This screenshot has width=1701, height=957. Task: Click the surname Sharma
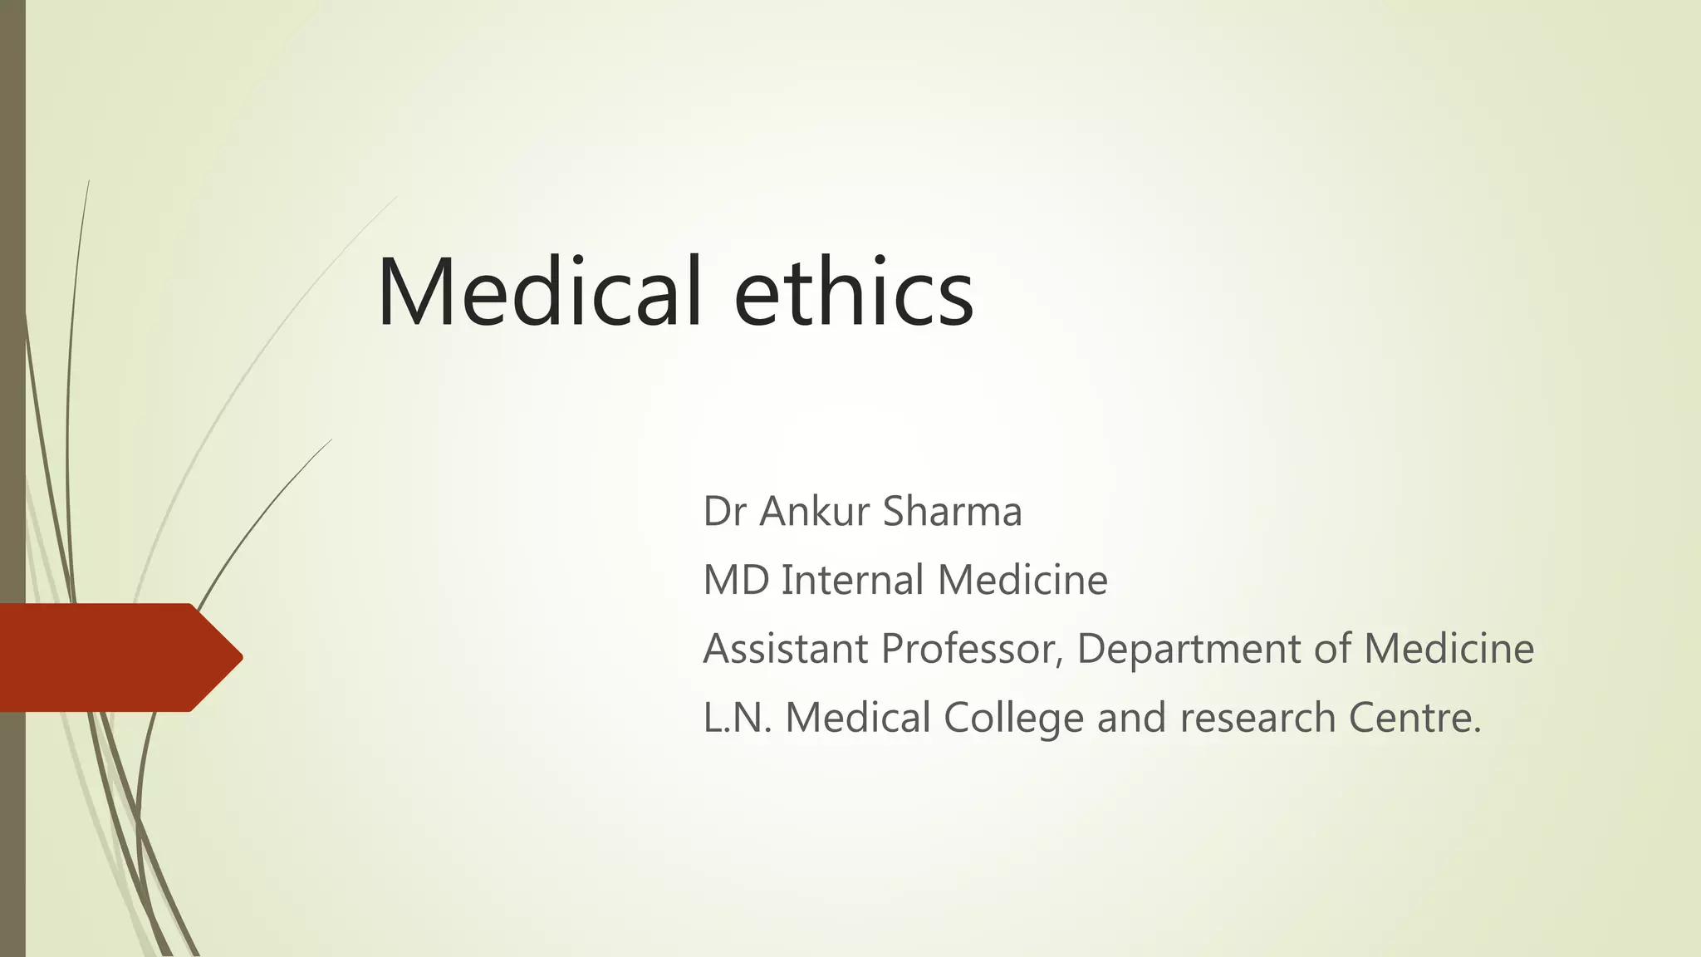(x=952, y=511)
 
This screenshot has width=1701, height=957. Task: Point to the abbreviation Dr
(x=724, y=511)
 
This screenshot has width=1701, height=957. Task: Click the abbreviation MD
(x=735, y=580)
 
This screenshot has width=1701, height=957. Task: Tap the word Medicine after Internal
(x=1022, y=580)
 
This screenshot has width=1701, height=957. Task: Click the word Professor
(x=972, y=649)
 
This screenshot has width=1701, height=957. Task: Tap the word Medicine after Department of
(x=1449, y=649)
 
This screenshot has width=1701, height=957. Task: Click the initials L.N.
(x=738, y=718)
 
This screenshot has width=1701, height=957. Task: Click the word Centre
(x=1414, y=718)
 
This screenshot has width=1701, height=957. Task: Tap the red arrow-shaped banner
(x=116, y=657)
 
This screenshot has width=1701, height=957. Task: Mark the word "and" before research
(x=1131, y=718)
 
